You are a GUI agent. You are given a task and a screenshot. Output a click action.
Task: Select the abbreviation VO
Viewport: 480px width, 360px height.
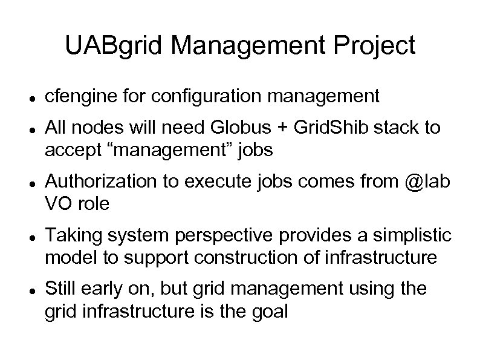(58, 205)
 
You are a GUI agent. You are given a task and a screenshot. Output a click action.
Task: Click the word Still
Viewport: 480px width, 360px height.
(61, 289)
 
